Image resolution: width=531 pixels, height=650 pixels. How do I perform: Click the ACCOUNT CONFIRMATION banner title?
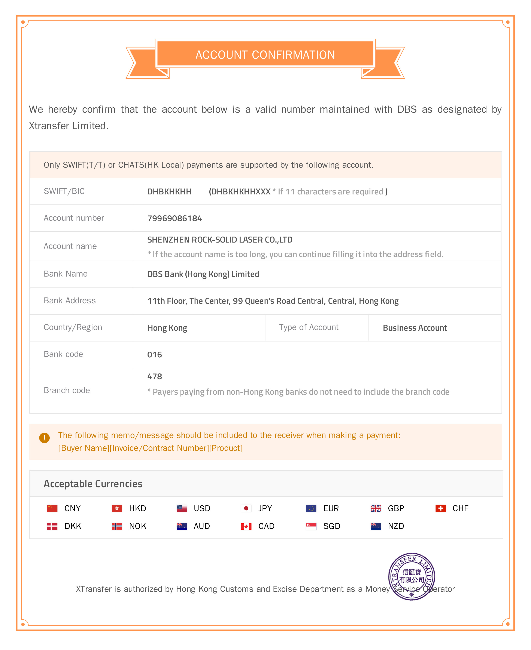click(265, 55)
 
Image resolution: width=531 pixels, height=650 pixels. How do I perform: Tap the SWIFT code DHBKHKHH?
click(169, 192)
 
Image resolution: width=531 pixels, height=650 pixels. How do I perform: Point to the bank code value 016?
click(154, 354)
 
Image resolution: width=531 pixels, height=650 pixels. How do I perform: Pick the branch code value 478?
click(154, 376)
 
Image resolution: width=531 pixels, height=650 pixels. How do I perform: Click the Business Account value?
click(415, 328)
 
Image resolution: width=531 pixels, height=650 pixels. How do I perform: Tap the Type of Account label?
click(309, 327)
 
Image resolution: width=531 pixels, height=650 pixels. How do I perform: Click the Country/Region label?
click(73, 327)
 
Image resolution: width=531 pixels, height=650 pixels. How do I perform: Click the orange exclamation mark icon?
click(44, 438)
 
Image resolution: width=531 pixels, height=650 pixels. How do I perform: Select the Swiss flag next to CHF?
click(440, 508)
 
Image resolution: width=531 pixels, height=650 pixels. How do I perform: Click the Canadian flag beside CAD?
click(246, 526)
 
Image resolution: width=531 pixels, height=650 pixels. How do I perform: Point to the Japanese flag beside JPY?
click(246, 508)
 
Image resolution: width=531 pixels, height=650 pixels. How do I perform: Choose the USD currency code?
click(202, 508)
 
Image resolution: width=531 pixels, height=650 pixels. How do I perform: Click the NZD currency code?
click(396, 526)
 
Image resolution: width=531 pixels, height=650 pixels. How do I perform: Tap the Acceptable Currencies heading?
click(93, 484)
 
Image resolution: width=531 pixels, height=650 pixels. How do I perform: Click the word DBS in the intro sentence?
click(407, 110)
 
